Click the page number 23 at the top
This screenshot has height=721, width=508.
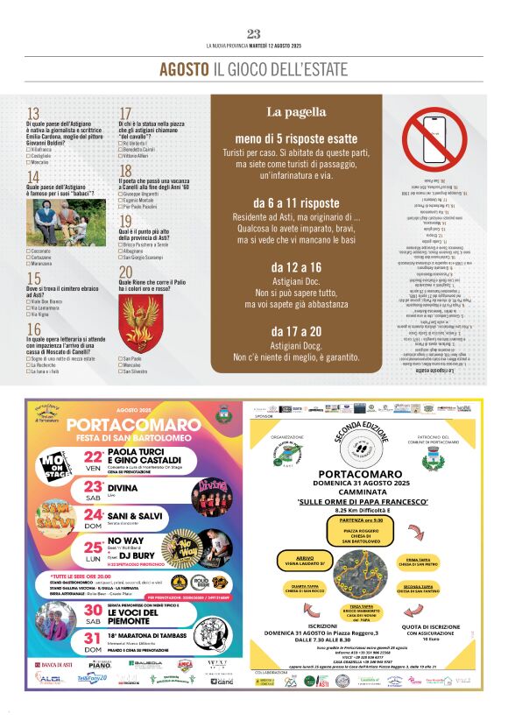pos(254,34)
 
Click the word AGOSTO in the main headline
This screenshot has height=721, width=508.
pos(184,68)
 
